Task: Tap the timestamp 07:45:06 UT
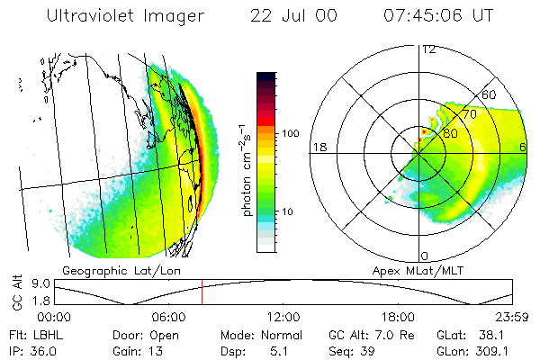tap(437, 15)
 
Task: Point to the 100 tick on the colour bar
tap(291, 133)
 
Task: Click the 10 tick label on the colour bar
tap(290, 211)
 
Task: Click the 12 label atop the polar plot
tap(428, 49)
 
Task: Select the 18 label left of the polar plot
tap(318, 148)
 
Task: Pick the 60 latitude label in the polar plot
tap(490, 94)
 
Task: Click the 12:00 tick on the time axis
tap(283, 317)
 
